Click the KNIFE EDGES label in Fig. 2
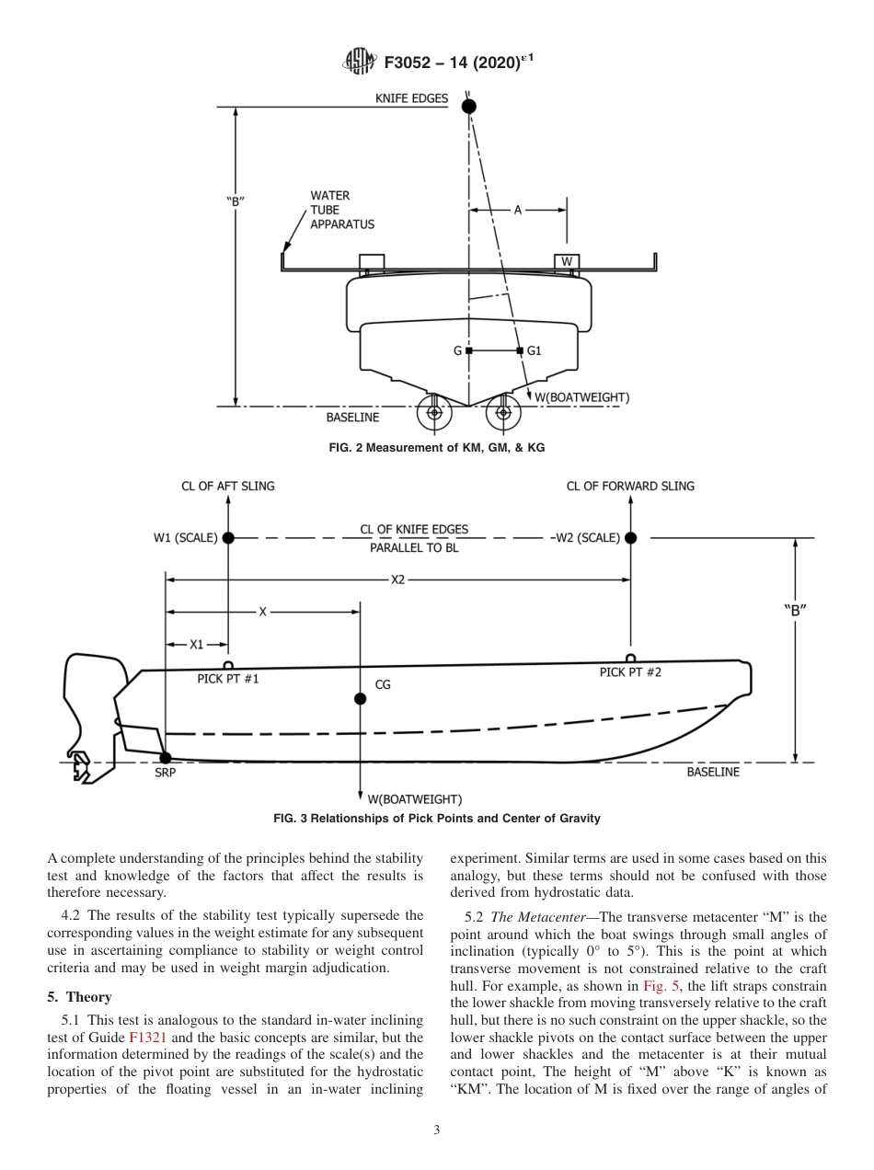pos(412,97)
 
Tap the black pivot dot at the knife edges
pos(469,107)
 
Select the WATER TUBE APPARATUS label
pos(341,210)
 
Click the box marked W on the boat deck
pos(567,262)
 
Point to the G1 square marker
pos(520,351)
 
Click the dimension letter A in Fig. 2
pos(518,211)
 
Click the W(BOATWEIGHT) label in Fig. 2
pos(582,397)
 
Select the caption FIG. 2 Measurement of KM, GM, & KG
pos(436,447)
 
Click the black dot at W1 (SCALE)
pos(228,538)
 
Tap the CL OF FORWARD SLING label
pos(630,486)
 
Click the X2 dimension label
pos(398,579)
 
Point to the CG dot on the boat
pos(360,699)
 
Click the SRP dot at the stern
pos(166,758)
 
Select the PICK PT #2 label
pos(630,672)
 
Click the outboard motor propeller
pos(81,765)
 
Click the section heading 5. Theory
pos(79,997)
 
